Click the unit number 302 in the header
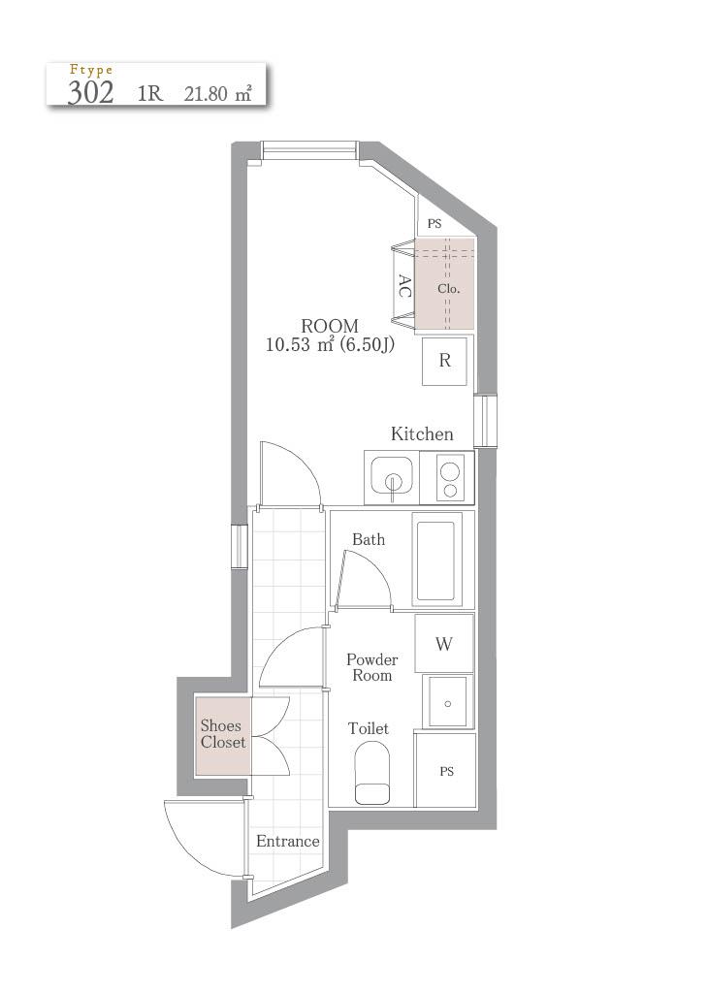(90, 92)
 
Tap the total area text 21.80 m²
(218, 94)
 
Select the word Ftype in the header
(91, 70)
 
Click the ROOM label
(330, 326)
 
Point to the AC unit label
(404, 286)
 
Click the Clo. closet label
(448, 289)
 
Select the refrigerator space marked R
(444, 361)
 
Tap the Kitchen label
(422, 433)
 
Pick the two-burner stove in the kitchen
(450, 479)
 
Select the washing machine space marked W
(444, 644)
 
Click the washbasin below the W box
(448, 702)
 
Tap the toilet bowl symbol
(371, 773)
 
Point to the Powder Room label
(371, 667)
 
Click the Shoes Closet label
(222, 734)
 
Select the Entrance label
(287, 841)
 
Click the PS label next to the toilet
(446, 771)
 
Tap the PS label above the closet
(434, 224)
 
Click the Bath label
(369, 539)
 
